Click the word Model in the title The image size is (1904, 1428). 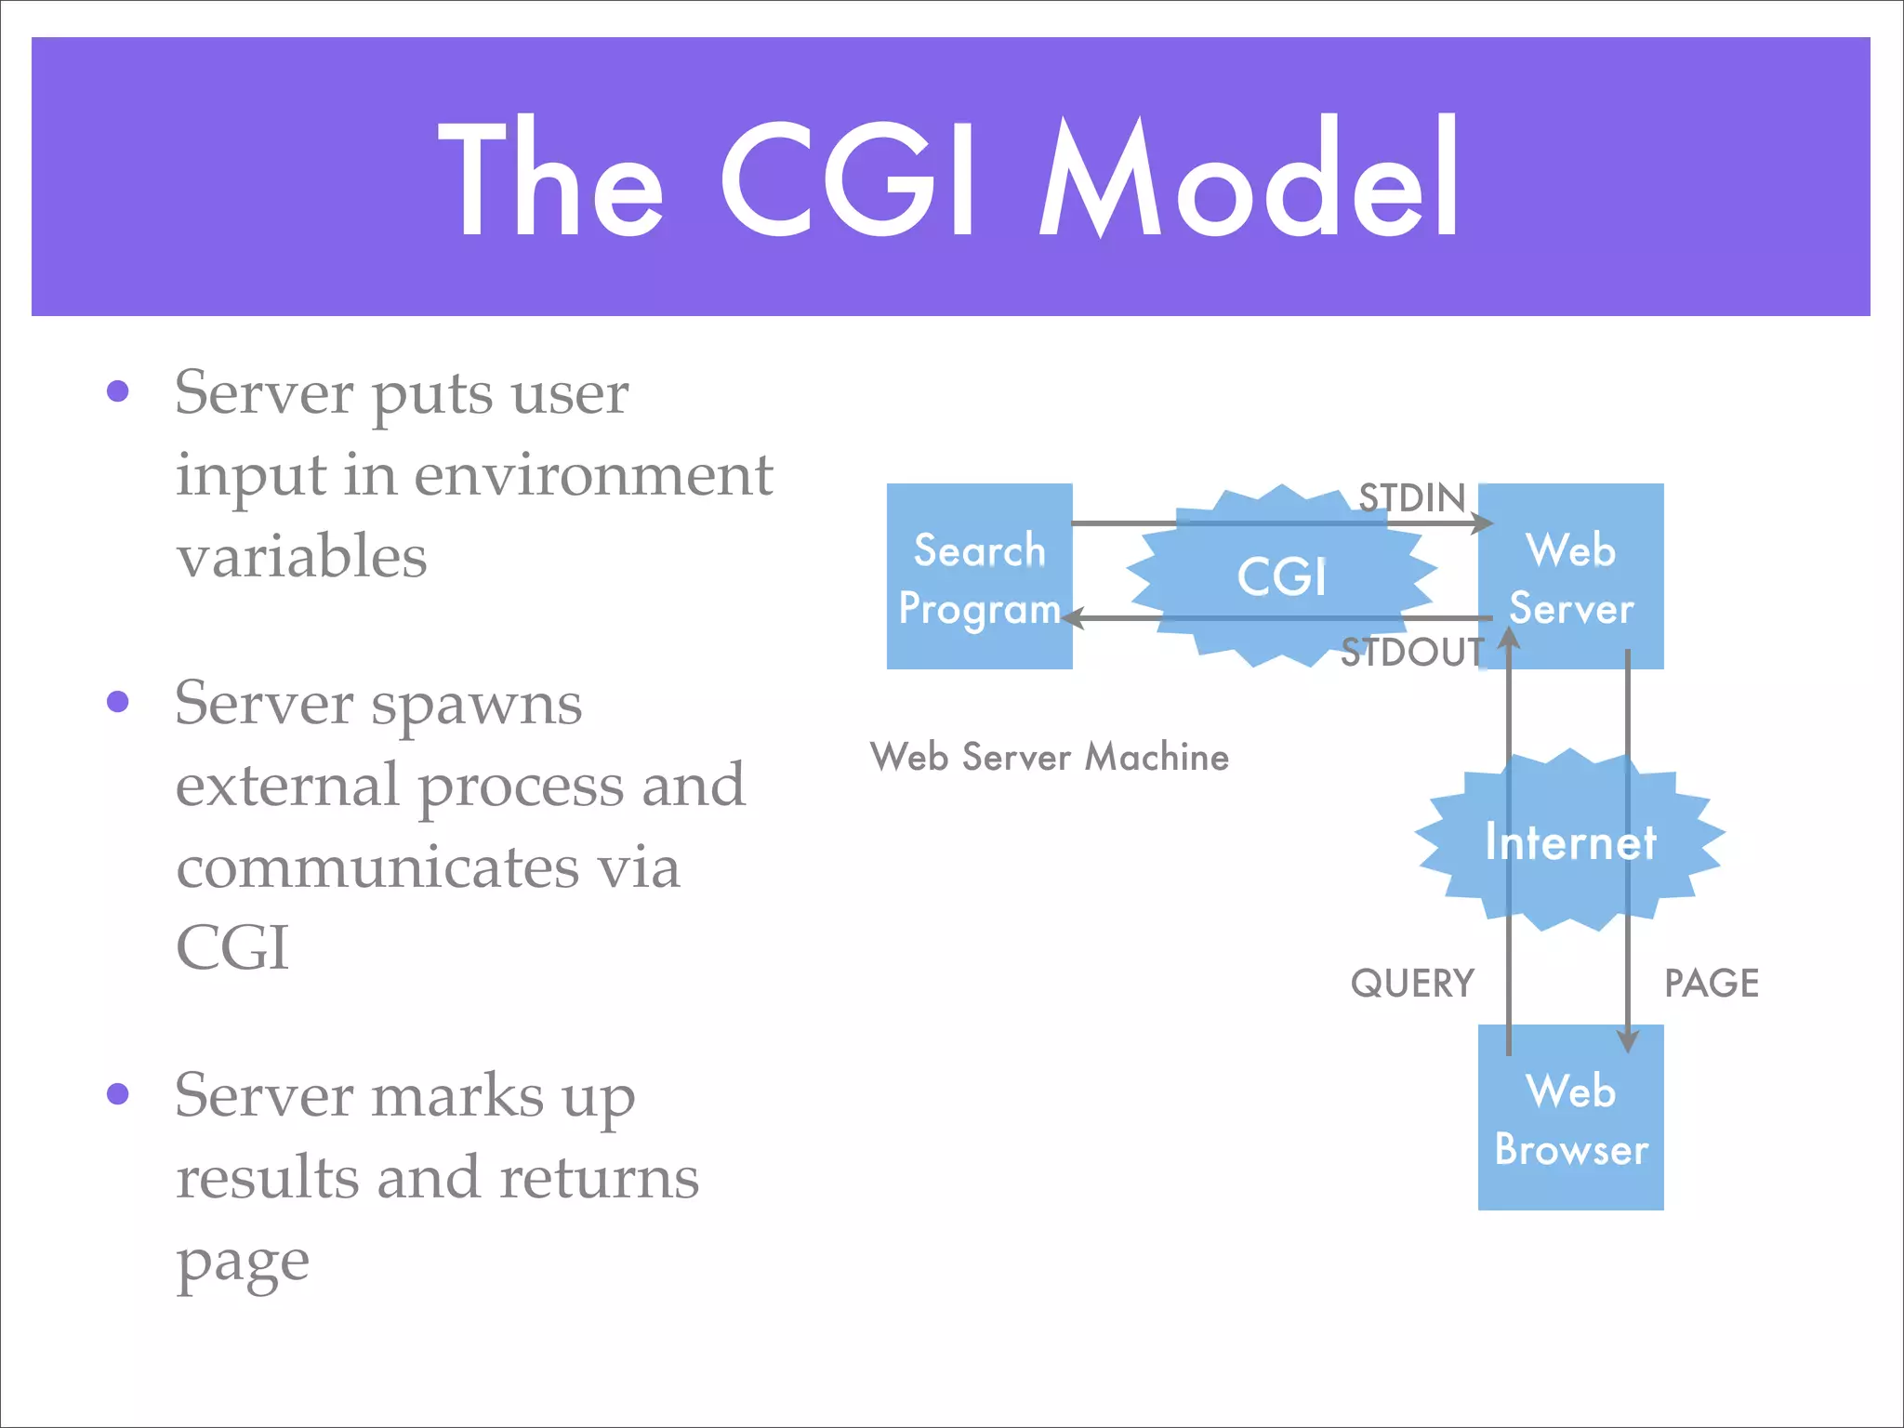[1249, 178]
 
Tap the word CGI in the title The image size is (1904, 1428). [848, 178]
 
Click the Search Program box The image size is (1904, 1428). [979, 576]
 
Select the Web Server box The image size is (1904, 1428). [1571, 576]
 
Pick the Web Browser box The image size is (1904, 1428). [1571, 1118]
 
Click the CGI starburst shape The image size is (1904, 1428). [1281, 576]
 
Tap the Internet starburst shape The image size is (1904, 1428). [1569, 842]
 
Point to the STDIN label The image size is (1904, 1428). [1411, 498]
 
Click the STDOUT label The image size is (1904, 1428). [1411, 653]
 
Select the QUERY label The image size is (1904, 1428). [1412, 984]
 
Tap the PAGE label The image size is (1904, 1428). [1712, 984]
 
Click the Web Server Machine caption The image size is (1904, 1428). [1050, 757]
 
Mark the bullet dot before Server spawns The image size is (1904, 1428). [118, 701]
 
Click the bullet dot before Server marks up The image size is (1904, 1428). [118, 1093]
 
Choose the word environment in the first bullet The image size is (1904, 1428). [593, 474]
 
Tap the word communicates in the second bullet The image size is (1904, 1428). [377, 866]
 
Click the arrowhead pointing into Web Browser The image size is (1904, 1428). [1627, 1039]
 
